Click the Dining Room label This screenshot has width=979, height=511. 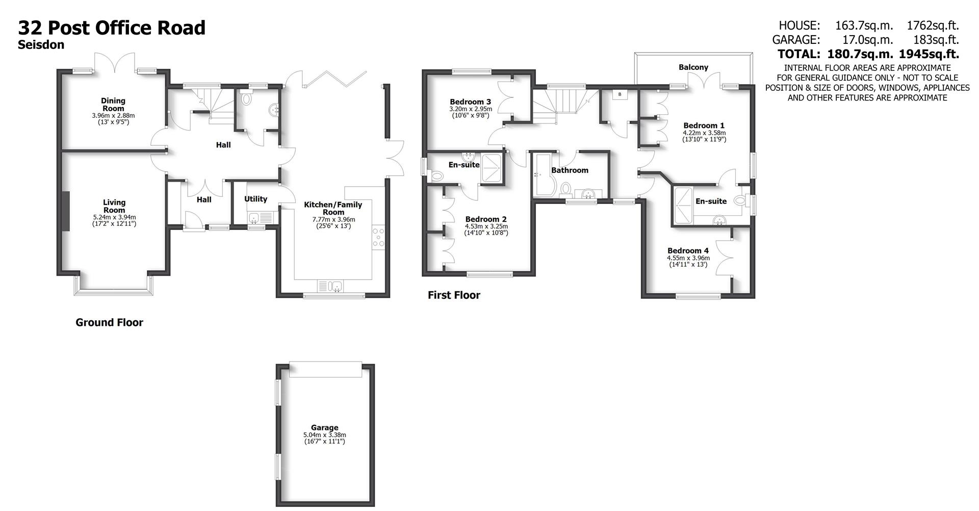(113, 105)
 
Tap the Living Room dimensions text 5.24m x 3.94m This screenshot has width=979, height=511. (114, 217)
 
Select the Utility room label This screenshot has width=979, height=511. (255, 199)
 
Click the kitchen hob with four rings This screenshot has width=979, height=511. (378, 238)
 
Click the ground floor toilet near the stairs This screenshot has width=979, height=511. (247, 99)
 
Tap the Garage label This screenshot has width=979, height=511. (325, 428)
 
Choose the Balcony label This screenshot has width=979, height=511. (693, 67)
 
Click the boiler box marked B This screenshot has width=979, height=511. (620, 95)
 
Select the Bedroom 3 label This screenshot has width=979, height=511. (470, 102)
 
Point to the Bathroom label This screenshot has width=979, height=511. (570, 170)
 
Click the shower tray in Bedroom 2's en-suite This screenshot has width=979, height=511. (493, 168)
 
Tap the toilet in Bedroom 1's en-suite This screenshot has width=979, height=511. (740, 200)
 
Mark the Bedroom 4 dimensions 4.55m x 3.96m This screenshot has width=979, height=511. (688, 258)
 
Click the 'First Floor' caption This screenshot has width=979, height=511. (454, 295)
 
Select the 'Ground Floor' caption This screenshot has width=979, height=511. (109, 322)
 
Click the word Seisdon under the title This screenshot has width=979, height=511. (41, 45)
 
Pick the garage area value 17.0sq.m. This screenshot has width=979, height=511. (864, 40)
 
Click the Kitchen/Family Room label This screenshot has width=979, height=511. (333, 208)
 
